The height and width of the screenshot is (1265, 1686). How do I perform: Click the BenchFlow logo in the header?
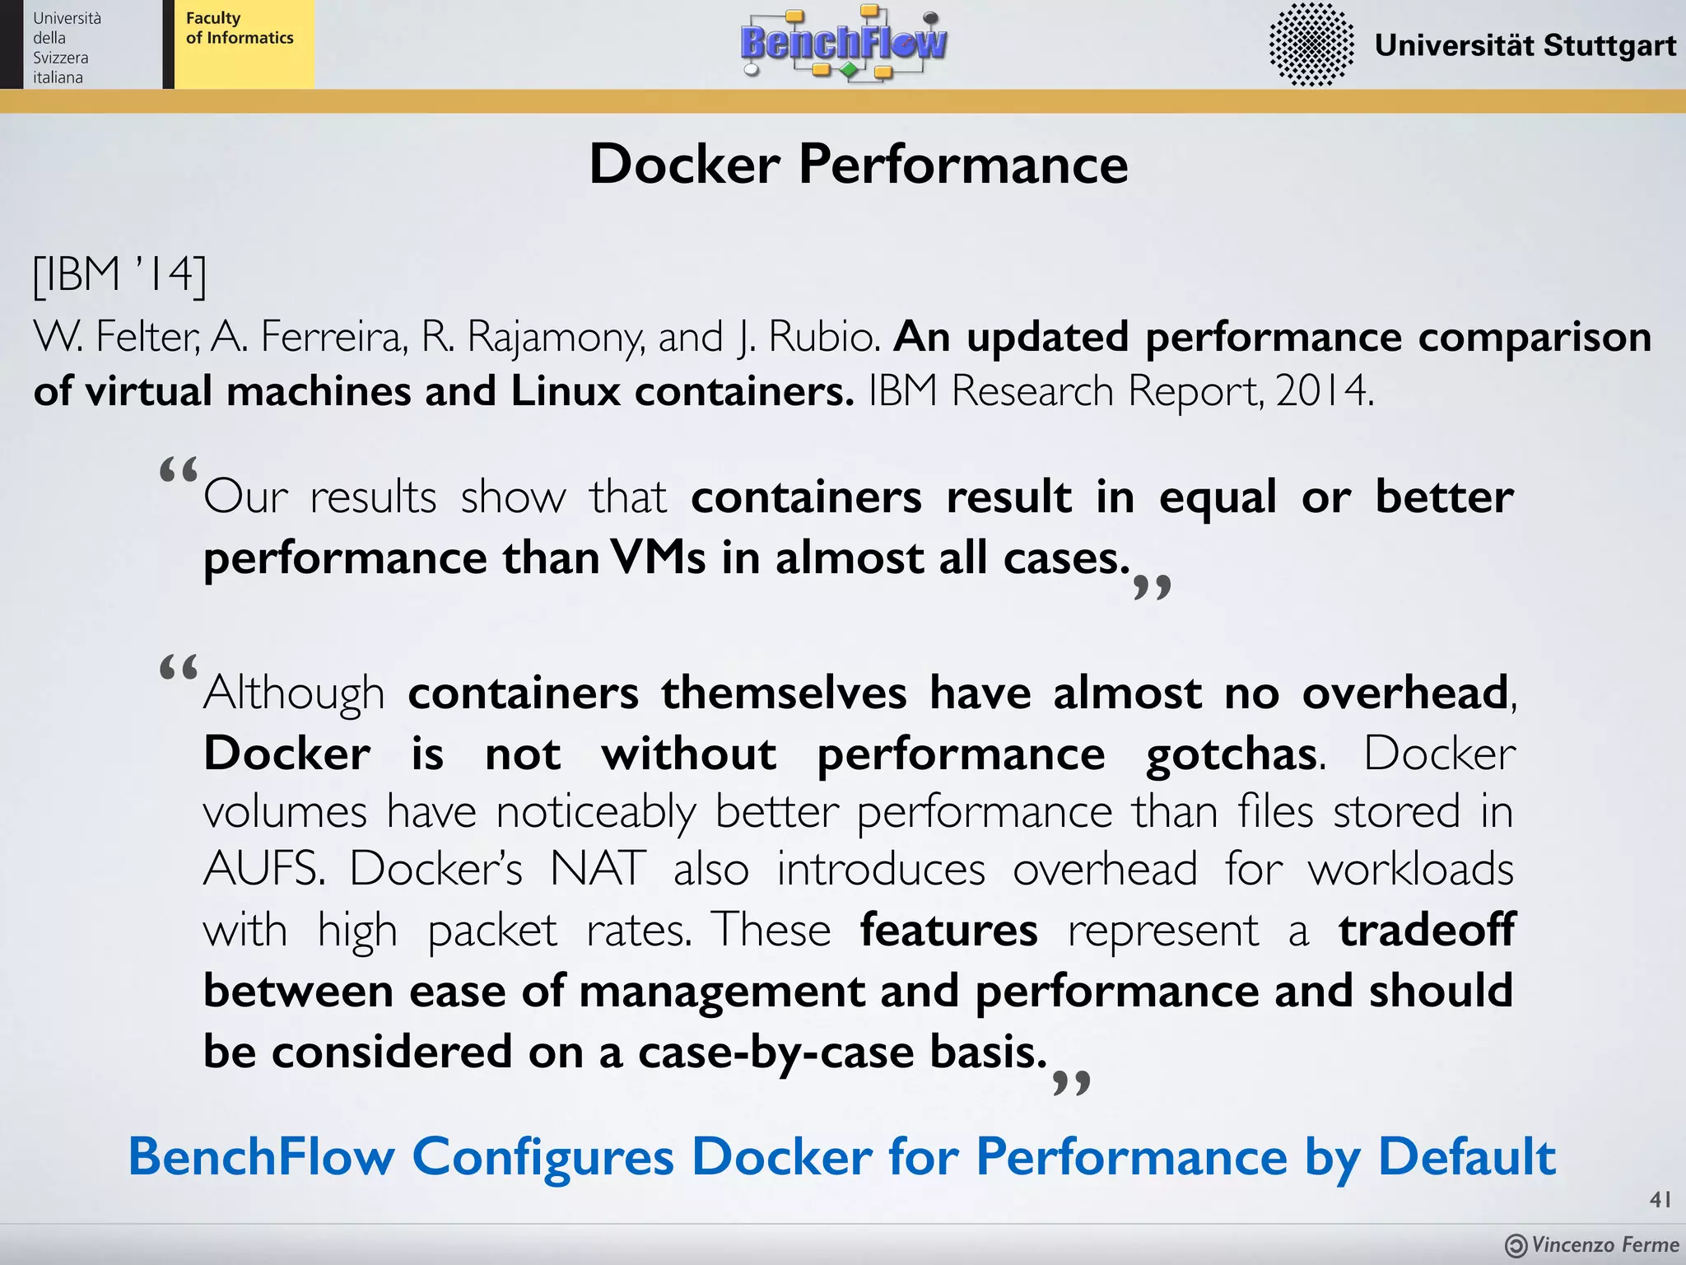click(x=844, y=43)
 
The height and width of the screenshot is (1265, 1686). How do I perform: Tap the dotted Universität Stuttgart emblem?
click(x=1311, y=44)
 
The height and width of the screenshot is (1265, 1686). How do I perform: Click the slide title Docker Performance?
click(x=858, y=164)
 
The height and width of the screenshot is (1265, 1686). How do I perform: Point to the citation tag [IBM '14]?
click(x=119, y=274)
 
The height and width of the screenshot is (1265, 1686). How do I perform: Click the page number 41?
click(x=1660, y=1200)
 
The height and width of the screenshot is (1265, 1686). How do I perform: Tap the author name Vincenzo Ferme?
click(x=1604, y=1244)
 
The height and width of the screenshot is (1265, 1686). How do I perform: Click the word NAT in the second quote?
click(x=598, y=869)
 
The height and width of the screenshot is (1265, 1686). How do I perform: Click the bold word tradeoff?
click(x=1426, y=930)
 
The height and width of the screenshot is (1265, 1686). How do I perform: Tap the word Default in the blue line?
click(x=1466, y=1156)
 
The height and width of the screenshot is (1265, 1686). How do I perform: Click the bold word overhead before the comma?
click(x=1404, y=693)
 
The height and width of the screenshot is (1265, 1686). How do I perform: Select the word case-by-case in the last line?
click(x=775, y=1053)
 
